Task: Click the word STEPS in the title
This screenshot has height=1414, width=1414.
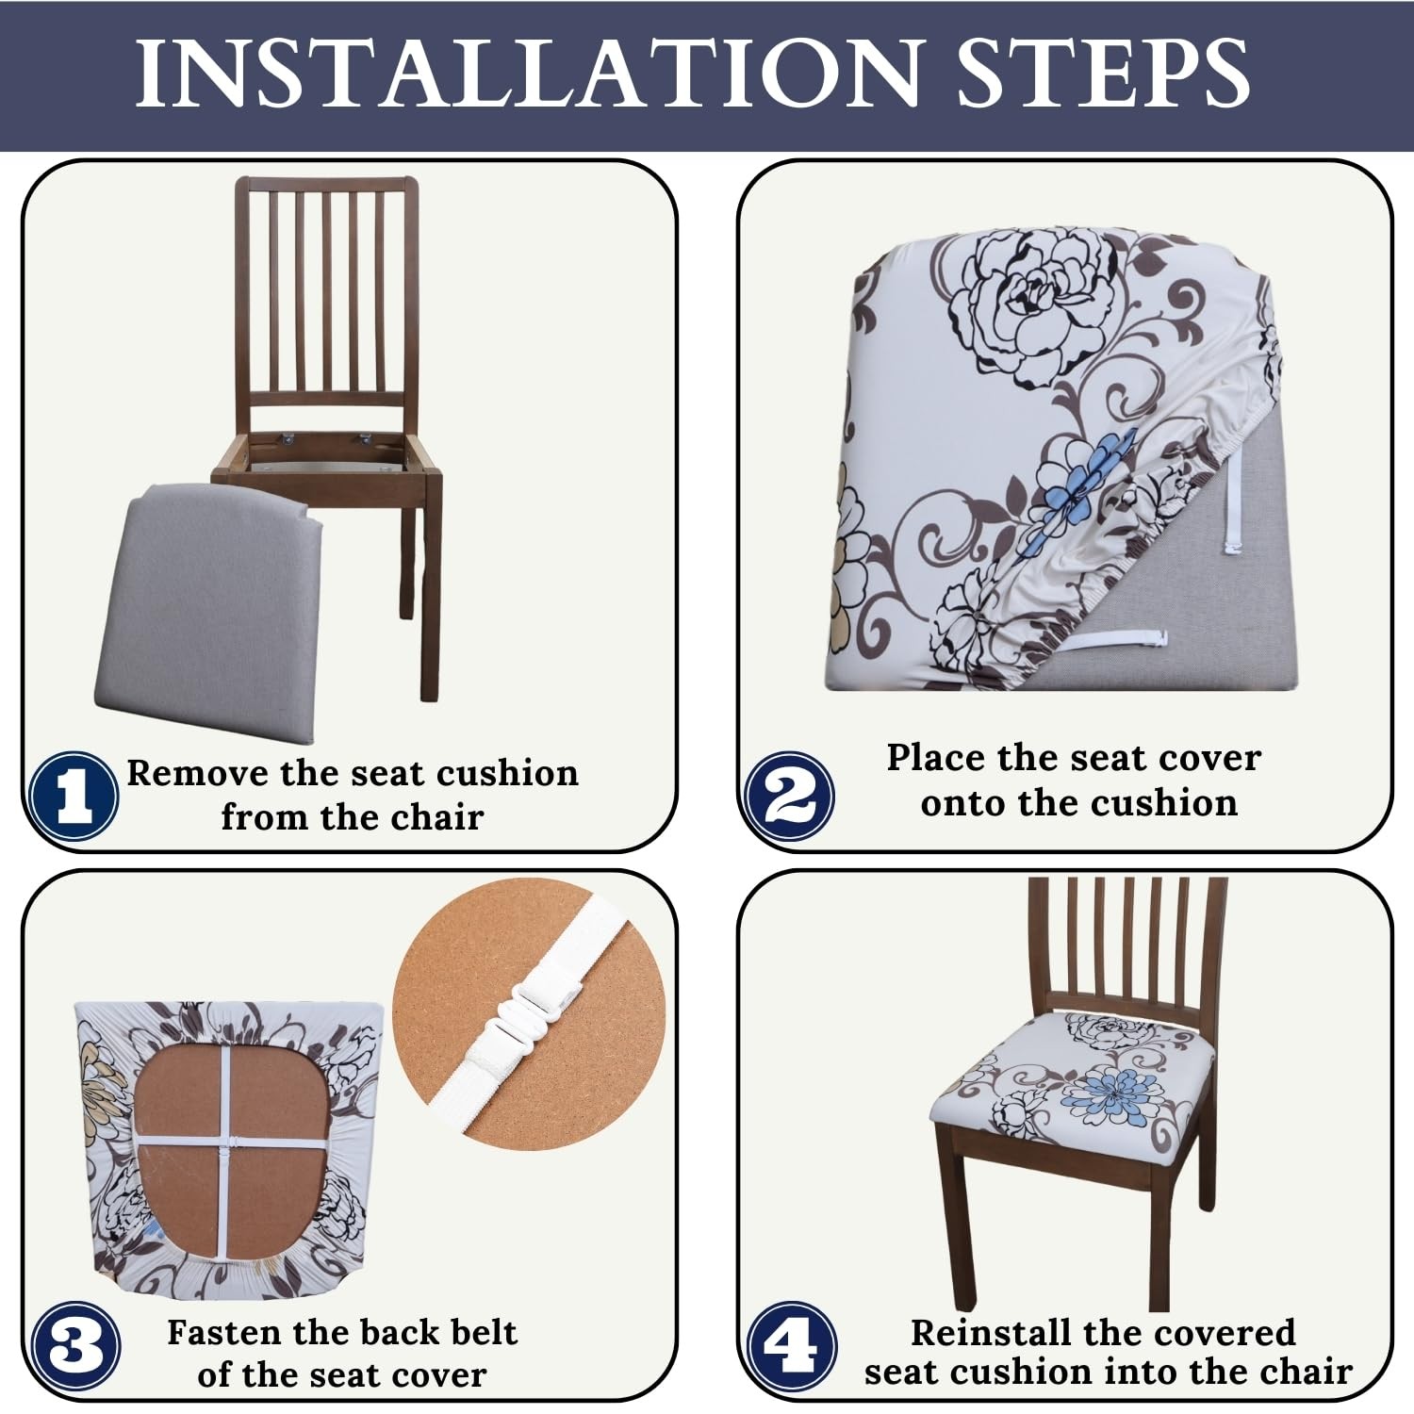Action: [1104, 74]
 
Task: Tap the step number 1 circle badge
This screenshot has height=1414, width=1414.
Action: [74, 797]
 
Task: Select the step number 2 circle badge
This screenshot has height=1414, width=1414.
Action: [790, 797]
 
